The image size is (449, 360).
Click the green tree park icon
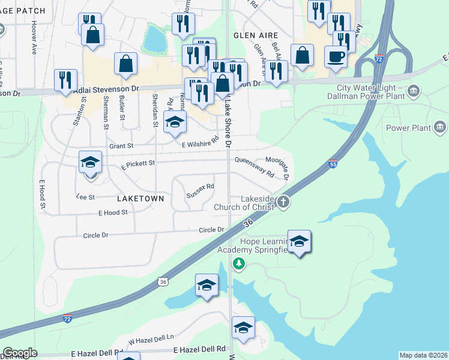[x=239, y=263]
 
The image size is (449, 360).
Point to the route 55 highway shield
[x=333, y=164]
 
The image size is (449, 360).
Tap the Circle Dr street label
[x=212, y=230]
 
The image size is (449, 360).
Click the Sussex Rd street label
[x=200, y=191]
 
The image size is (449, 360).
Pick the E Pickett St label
[x=137, y=163]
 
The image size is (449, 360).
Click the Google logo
[x=20, y=353]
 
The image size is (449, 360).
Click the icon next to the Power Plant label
[x=439, y=127]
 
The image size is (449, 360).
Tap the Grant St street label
[x=121, y=146]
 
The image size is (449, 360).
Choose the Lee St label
[x=86, y=196]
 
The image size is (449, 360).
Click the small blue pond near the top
[x=155, y=40]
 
